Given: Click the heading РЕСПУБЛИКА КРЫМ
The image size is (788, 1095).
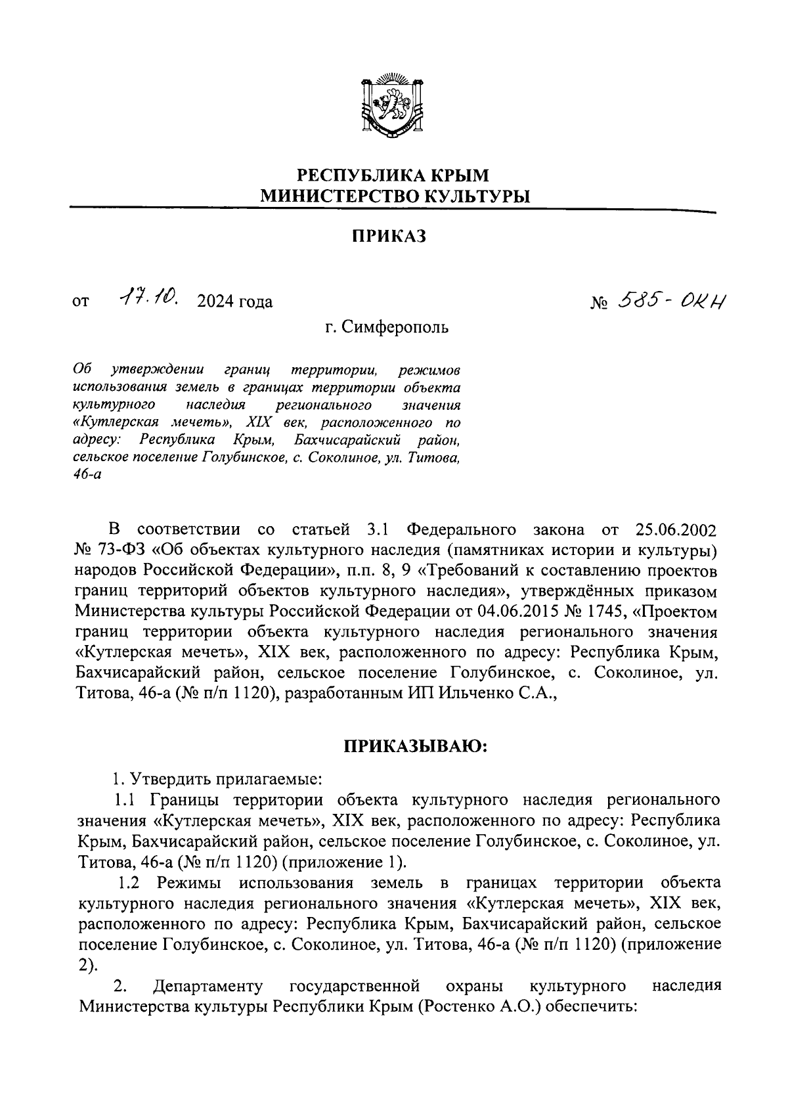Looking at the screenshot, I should pyautogui.click(x=394, y=175).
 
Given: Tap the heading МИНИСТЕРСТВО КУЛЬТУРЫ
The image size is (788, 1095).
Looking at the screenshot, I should pyautogui.click(x=394, y=196).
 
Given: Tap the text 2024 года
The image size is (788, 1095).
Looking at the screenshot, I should pyautogui.click(x=230, y=302).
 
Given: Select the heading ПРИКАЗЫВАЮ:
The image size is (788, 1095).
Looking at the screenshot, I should pyautogui.click(x=414, y=747).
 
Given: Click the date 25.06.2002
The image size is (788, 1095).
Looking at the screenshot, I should pyautogui.click(x=676, y=529).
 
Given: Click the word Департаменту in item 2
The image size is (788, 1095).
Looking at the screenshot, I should pyautogui.click(x=208, y=986).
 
